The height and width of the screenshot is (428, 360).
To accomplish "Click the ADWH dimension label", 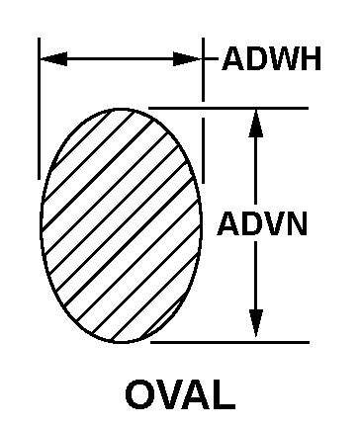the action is click(x=271, y=59).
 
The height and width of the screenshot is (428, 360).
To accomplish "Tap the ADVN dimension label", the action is click(x=262, y=223).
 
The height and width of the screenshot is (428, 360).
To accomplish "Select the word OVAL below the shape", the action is click(x=180, y=394).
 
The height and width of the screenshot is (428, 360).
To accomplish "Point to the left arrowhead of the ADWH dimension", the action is click(x=53, y=59).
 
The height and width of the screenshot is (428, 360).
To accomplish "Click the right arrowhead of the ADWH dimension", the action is click(x=187, y=59).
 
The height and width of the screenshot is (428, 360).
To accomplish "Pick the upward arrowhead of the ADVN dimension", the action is click(x=256, y=124).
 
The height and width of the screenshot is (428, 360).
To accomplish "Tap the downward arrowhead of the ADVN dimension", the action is click(x=256, y=323).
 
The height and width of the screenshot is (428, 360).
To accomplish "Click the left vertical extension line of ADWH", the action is click(x=39, y=109).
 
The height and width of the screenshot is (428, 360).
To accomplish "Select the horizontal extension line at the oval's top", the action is click(x=228, y=108).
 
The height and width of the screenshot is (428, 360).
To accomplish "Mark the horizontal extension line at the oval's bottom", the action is click(x=229, y=343).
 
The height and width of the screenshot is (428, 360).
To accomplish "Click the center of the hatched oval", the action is click(x=121, y=225).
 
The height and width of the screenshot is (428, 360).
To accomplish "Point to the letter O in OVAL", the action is click(x=138, y=394).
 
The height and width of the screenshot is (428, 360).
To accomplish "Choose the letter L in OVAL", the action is click(x=225, y=394).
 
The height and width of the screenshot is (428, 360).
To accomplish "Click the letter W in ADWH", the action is click(x=282, y=59).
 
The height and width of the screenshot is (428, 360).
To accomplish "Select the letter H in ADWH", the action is click(x=311, y=59).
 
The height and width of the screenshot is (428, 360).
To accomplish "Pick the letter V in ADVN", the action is click(x=274, y=224).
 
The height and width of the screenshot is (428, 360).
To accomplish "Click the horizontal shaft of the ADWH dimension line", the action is click(x=121, y=59).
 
